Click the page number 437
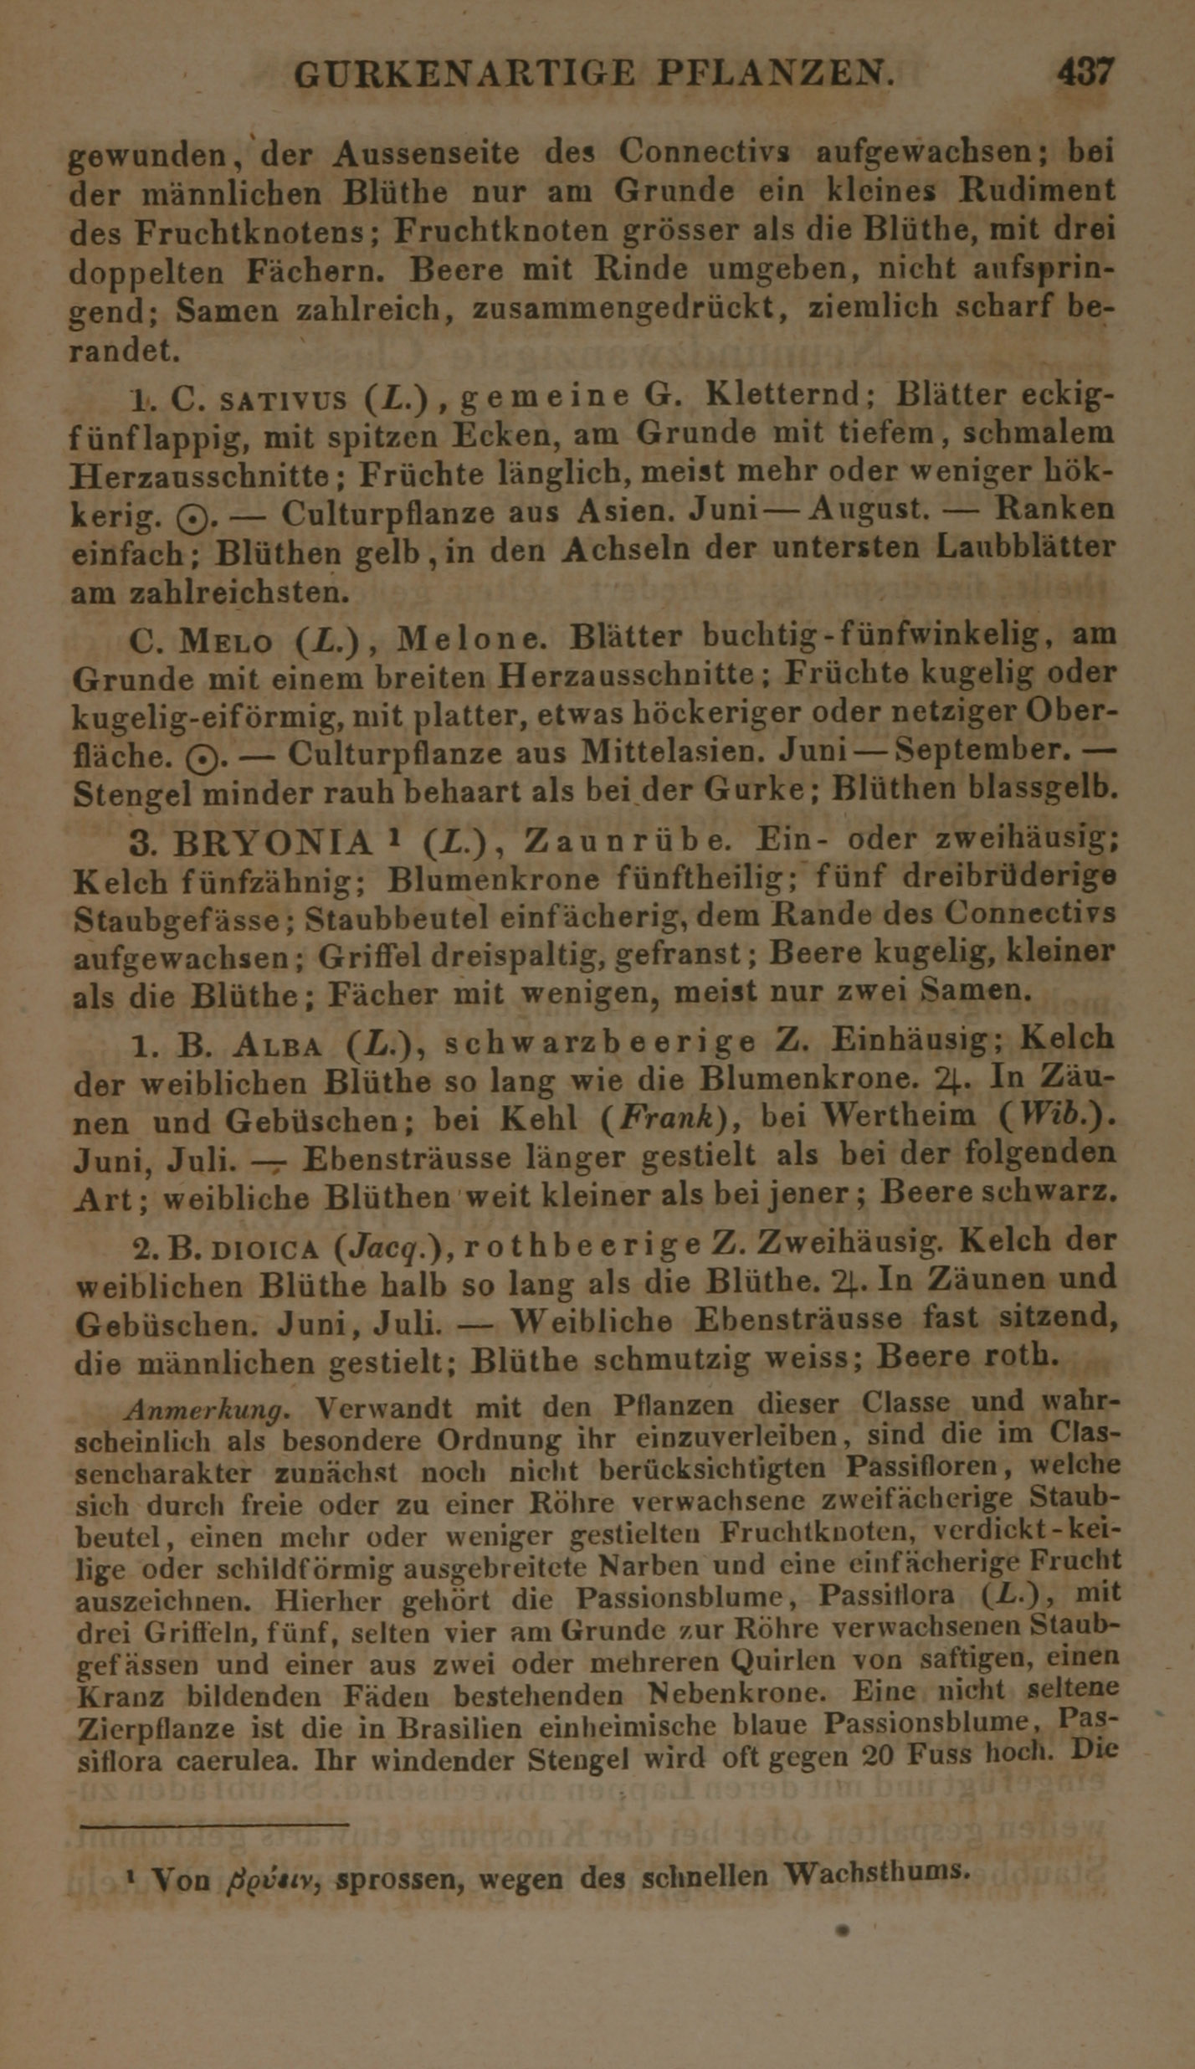[1085, 72]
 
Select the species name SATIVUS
[283, 400]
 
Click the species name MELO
[226, 643]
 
